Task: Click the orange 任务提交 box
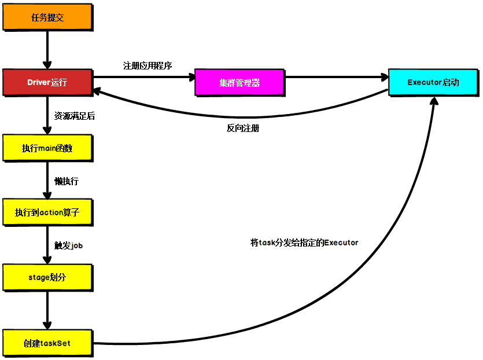click(47, 17)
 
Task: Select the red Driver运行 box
click(47, 82)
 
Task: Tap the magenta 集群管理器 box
click(239, 82)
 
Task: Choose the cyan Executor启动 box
click(433, 82)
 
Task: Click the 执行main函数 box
click(47, 148)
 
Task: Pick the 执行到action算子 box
click(47, 212)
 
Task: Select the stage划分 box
click(47, 277)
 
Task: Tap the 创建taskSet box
click(47, 343)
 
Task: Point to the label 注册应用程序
click(148, 65)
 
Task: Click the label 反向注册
click(243, 128)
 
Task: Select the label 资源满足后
click(75, 116)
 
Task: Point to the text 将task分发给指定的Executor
click(304, 243)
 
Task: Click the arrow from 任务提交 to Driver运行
click(47, 50)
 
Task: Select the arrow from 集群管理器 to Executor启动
click(335, 76)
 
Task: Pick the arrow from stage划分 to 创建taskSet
click(47, 310)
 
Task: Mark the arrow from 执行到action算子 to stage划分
click(47, 245)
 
